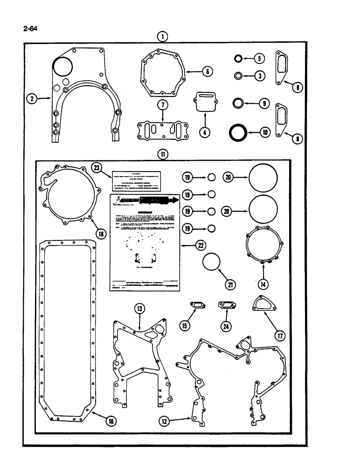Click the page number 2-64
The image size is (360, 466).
30,29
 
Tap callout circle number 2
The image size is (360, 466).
31,98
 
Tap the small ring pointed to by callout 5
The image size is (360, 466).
238,59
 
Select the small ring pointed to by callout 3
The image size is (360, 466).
238,75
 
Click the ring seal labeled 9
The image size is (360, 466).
238,103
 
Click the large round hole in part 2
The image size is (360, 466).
61,67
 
